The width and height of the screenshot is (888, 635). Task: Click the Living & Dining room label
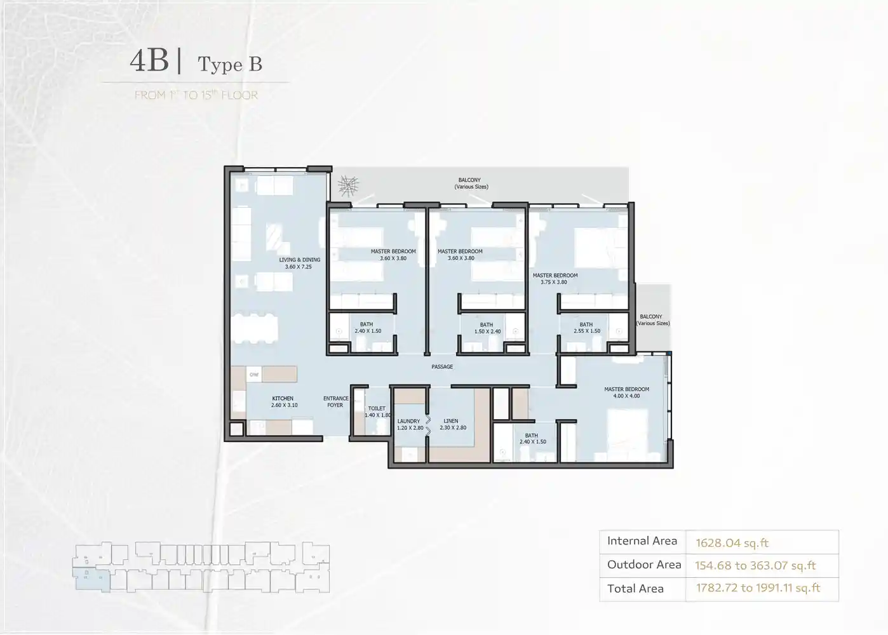click(x=299, y=264)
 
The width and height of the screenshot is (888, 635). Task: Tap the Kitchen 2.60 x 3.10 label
click(x=283, y=402)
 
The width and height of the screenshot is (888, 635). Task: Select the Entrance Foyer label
click(x=335, y=402)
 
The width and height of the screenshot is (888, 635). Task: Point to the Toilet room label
click(x=377, y=411)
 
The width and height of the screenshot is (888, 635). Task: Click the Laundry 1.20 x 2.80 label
click(x=409, y=424)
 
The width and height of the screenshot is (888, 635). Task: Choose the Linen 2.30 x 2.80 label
click(x=451, y=424)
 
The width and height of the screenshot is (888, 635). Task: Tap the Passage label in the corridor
click(x=442, y=367)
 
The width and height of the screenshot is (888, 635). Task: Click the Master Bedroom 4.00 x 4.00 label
click(x=626, y=392)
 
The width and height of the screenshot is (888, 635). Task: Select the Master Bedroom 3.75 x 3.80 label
click(x=555, y=279)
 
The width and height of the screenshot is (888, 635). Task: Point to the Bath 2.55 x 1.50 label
click(x=586, y=328)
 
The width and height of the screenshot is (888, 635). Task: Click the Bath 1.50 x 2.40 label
click(x=487, y=328)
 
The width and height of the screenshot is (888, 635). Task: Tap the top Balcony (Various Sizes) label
click(x=471, y=184)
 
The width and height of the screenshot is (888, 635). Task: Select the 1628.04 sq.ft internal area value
click(x=732, y=543)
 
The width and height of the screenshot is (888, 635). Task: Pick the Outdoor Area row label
click(x=643, y=565)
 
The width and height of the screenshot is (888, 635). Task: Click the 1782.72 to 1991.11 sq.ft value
click(x=758, y=588)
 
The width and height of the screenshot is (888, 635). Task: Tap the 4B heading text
click(x=149, y=62)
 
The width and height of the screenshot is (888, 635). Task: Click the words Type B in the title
click(x=230, y=64)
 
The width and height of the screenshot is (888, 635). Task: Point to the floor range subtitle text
click(x=196, y=95)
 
